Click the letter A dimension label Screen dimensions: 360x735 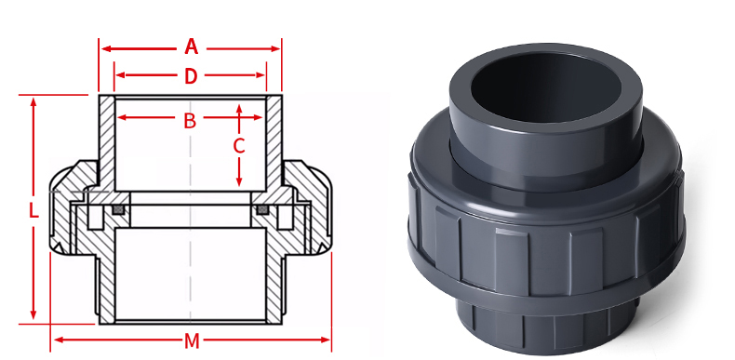click(191, 47)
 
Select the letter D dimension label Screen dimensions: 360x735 click(191, 76)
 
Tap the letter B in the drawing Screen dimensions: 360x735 click(189, 119)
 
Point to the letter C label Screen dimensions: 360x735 click(239, 146)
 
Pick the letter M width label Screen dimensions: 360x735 click(192, 340)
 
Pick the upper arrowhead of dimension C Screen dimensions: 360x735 click(239, 111)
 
